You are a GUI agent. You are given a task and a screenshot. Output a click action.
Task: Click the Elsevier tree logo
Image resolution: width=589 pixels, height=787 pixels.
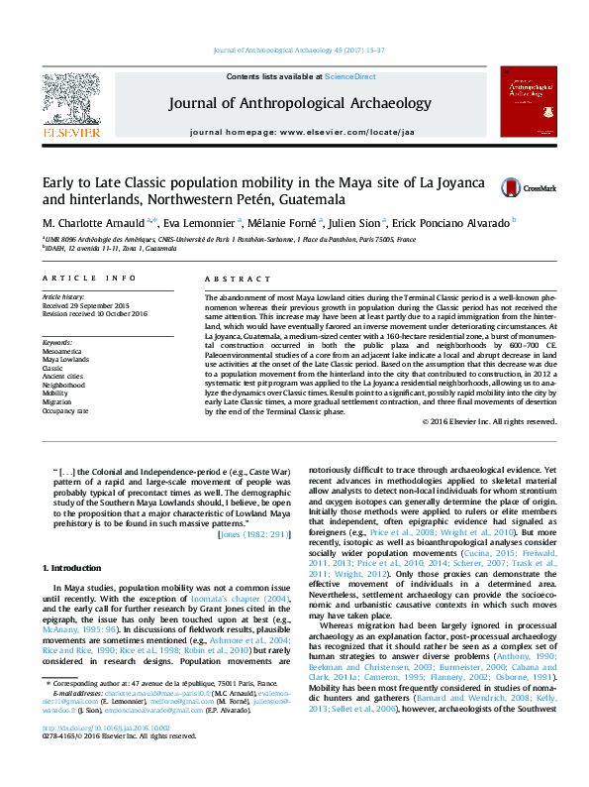click(70, 99)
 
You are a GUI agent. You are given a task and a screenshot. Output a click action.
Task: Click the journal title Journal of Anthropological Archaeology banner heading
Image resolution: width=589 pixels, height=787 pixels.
click(300, 103)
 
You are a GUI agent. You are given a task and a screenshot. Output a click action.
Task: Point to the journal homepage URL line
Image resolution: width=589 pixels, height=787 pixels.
click(300, 131)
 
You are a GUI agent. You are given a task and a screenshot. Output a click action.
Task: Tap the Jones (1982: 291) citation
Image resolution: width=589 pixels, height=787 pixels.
click(260, 534)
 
